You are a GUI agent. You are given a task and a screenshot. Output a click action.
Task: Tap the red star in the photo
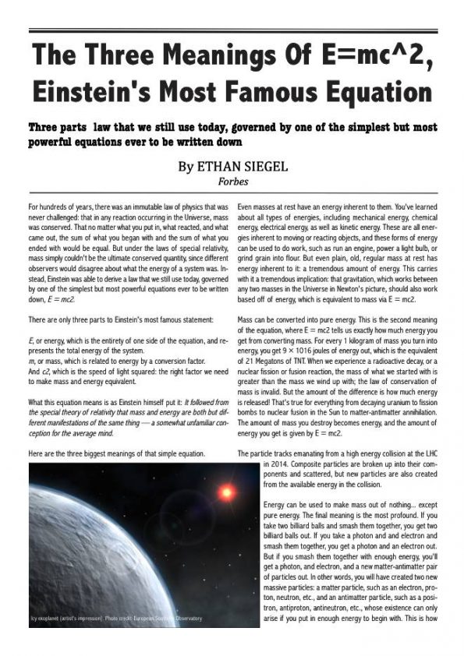[227, 492]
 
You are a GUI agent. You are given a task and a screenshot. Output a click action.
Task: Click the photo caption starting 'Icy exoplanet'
[116, 619]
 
